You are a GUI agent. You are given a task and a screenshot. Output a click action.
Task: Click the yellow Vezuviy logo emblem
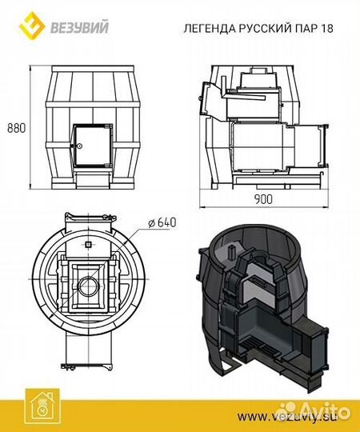click(32, 25)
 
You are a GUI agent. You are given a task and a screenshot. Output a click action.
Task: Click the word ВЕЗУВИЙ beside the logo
click(79, 27)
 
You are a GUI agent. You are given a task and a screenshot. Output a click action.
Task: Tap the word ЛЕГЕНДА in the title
click(210, 28)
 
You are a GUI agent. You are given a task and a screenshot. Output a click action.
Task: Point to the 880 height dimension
click(16, 128)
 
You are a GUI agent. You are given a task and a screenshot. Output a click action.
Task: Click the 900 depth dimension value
click(263, 199)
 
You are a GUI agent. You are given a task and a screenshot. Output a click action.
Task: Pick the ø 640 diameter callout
click(162, 222)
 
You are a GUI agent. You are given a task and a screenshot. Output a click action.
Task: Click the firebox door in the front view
click(92, 146)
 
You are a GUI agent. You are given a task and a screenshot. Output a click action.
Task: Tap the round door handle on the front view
click(79, 146)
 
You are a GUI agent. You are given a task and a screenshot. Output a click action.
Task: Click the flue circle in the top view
click(89, 286)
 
